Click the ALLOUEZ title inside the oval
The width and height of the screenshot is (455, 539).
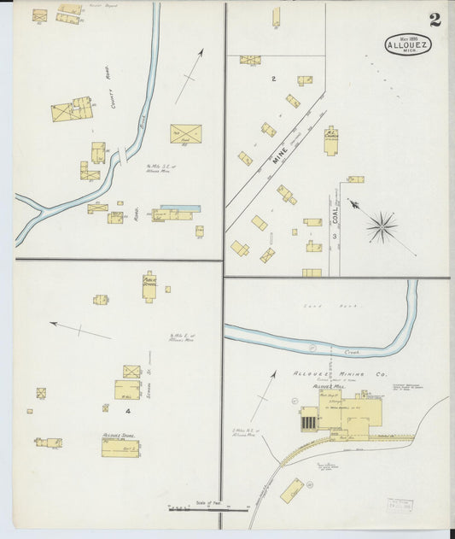pos(414,45)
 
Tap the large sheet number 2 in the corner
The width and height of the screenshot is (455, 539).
pos(435,20)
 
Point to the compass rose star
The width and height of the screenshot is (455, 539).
pos(382,226)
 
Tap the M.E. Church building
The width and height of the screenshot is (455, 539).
pos(330,139)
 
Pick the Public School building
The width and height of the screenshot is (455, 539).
pos(149,286)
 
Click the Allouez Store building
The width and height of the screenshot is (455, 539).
pos(120,446)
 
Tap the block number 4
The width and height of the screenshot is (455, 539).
pos(127,412)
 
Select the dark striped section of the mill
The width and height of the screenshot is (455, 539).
pos(309,419)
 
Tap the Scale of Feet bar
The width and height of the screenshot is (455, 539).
pos(208,509)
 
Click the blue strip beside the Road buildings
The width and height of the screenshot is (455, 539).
pos(180,208)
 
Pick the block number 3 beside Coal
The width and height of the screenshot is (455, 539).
pos(335,235)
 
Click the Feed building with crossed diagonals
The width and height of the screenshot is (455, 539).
pos(185,134)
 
